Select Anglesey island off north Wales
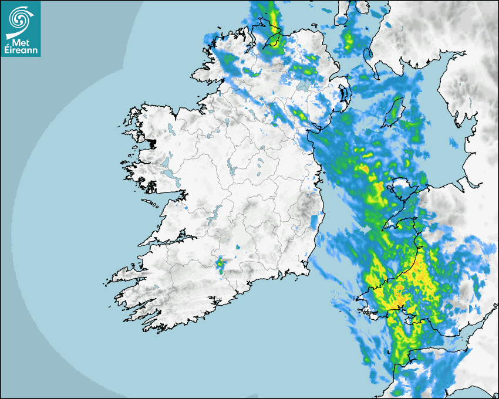tap(404, 189)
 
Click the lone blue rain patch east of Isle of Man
tap(454, 142)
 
